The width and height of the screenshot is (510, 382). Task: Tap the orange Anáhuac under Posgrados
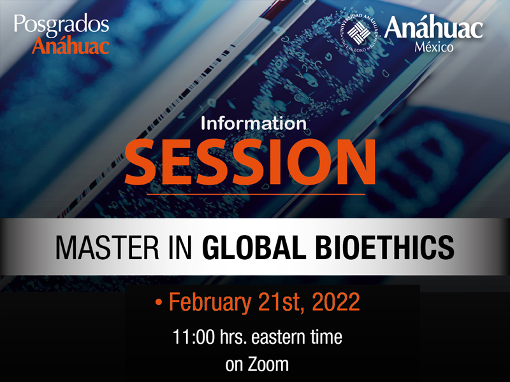point(70,45)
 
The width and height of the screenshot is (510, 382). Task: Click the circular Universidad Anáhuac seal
point(359,32)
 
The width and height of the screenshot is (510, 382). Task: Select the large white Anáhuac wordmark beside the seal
point(433,28)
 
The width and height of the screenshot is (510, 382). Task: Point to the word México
point(434,47)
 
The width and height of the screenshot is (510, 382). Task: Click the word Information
point(254,124)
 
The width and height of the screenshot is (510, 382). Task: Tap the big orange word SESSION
point(250,162)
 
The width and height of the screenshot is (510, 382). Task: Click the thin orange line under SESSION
point(256,194)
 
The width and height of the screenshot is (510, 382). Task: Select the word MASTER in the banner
point(107,248)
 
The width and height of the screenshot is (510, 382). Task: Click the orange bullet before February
point(159,302)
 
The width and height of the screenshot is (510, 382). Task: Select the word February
point(210,302)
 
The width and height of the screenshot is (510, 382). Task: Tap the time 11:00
point(194,337)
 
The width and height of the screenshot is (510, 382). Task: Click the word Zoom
point(268,364)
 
